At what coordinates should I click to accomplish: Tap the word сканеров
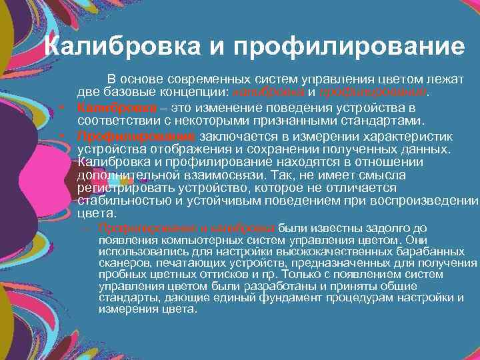(121, 264)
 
